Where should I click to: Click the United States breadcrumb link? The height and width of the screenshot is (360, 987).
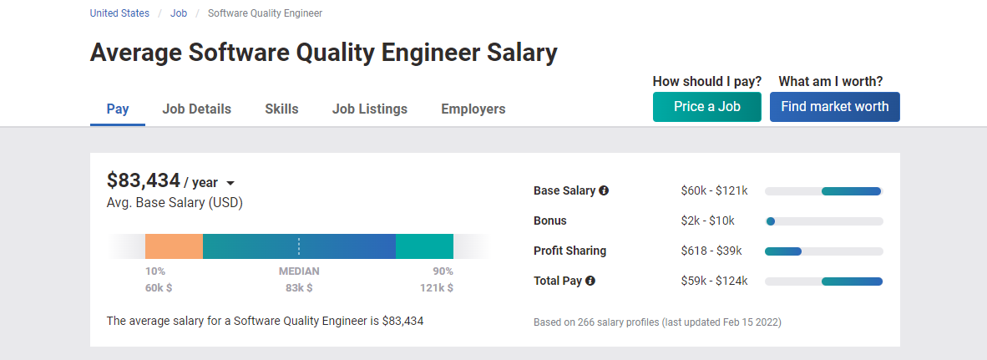click(x=119, y=13)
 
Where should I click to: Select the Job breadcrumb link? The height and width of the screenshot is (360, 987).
click(x=179, y=13)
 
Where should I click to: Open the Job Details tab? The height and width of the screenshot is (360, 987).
click(x=196, y=109)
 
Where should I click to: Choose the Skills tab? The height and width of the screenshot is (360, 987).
click(x=281, y=109)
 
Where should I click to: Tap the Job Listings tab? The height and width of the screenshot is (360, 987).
click(x=369, y=109)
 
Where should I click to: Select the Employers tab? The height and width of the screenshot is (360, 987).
click(x=473, y=109)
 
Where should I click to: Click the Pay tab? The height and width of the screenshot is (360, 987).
click(x=118, y=109)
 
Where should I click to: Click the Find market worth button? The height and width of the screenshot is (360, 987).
click(x=834, y=107)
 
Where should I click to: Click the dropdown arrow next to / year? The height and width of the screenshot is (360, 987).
click(x=230, y=184)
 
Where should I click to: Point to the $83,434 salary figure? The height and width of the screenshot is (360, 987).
click(x=144, y=180)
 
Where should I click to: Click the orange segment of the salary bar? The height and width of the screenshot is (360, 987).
click(x=174, y=246)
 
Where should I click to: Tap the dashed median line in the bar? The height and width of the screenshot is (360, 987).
click(x=299, y=246)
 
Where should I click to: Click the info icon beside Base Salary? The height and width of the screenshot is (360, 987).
click(x=604, y=190)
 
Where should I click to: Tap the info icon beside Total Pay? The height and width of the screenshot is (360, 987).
click(x=590, y=281)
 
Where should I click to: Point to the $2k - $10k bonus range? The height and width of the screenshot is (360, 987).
click(x=707, y=221)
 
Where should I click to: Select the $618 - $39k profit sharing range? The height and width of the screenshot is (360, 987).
click(x=711, y=251)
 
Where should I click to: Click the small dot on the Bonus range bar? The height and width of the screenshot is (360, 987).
click(x=771, y=221)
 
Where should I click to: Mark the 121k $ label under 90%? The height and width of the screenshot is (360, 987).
click(x=437, y=287)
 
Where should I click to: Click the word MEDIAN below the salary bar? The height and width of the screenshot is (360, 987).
click(x=299, y=271)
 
